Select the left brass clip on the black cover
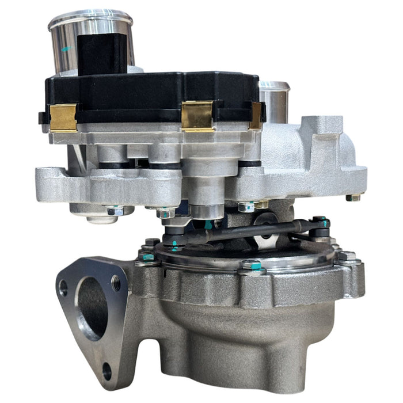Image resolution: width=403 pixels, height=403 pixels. [63, 117]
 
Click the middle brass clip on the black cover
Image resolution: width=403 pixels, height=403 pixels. [197, 115]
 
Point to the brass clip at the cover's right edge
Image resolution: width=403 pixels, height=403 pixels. [256, 115]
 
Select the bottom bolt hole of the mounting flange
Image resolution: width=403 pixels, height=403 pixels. [107, 371]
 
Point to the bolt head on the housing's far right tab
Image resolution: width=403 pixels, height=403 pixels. [353, 197]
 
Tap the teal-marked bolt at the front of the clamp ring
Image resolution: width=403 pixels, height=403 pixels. [251, 266]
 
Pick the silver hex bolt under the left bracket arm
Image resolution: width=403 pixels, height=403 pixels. [113, 211]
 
